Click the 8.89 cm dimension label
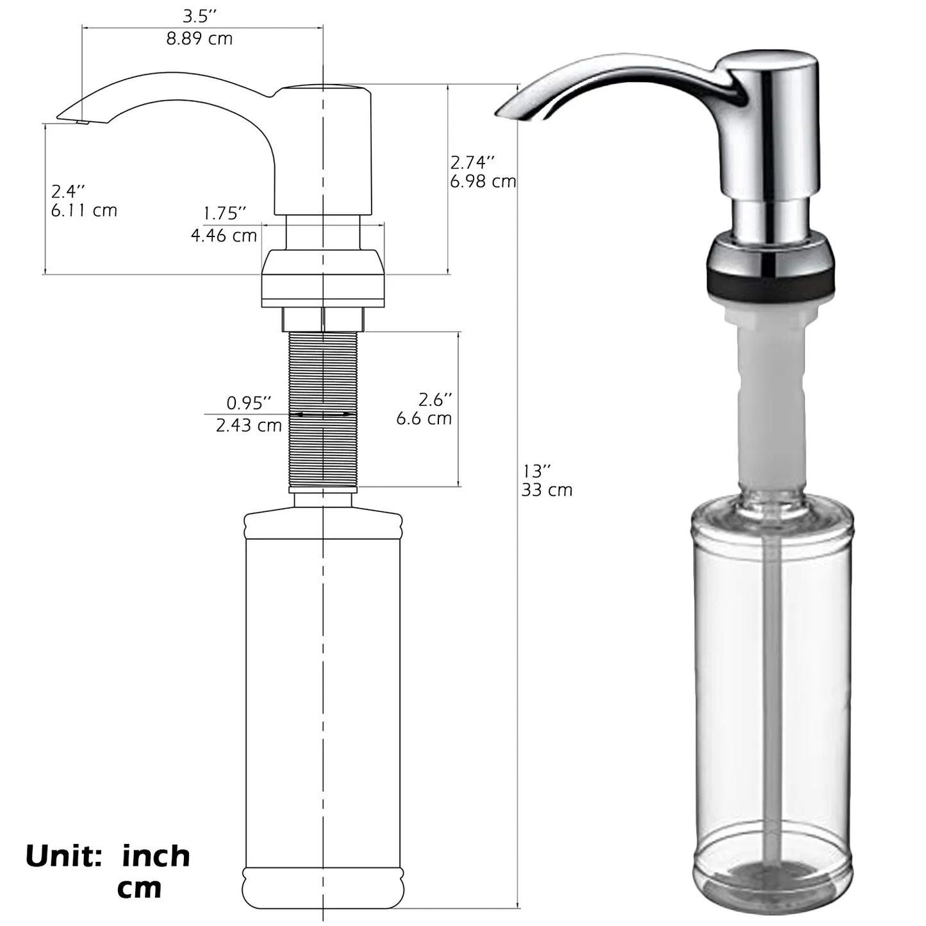[199, 38]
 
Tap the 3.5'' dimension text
[199, 16]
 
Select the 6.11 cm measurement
[84, 210]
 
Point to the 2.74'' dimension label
[473, 161]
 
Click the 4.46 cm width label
[224, 235]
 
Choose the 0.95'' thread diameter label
[249, 403]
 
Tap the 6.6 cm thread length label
[424, 418]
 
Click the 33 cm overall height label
[547, 490]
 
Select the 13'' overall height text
[537, 471]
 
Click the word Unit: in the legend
[63, 856]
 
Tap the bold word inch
[156, 856]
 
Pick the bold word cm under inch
[139, 888]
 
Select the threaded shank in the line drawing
[323, 449]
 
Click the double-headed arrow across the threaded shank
[323, 415]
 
